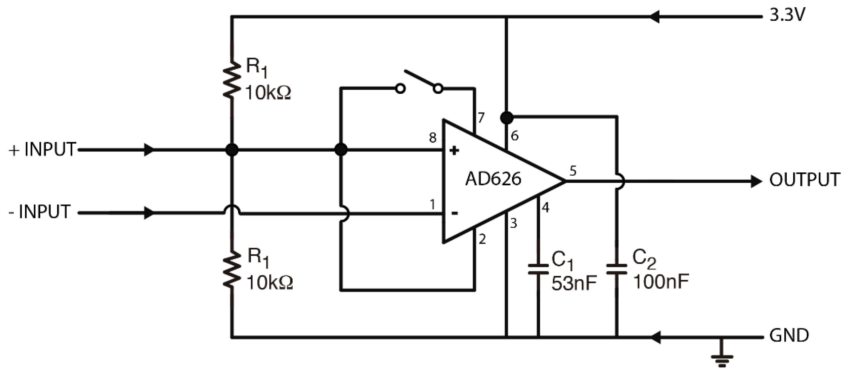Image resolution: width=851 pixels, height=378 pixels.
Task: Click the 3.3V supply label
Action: click(788, 15)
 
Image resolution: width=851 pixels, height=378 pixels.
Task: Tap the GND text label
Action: click(789, 335)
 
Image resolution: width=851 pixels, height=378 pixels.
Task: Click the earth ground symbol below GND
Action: click(722, 359)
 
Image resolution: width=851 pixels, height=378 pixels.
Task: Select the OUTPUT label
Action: click(804, 180)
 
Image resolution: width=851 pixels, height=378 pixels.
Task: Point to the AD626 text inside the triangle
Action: click(493, 179)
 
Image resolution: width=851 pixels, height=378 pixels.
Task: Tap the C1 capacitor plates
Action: click(538, 269)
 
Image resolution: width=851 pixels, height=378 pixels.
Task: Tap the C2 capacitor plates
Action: click(617, 269)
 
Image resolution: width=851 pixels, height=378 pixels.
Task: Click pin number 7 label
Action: click(481, 117)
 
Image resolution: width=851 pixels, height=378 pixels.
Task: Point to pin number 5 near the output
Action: click(573, 171)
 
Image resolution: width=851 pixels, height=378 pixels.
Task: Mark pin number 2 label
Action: click(482, 239)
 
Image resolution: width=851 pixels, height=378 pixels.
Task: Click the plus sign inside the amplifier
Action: click(454, 151)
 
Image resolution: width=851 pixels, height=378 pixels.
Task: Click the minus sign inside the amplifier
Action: click(454, 213)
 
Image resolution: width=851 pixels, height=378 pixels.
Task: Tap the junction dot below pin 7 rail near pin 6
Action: click(506, 117)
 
